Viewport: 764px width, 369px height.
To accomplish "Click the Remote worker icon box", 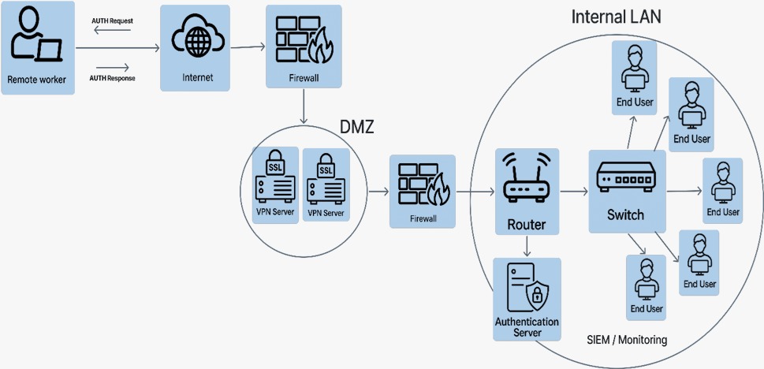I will [38, 48].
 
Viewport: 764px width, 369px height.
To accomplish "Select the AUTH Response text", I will [113, 78].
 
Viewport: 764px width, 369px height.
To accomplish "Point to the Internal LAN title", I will [616, 17].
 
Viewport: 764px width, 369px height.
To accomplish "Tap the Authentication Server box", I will [527, 299].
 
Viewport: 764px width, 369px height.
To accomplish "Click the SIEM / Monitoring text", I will [627, 340].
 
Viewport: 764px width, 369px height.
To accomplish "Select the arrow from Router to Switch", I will [573, 192].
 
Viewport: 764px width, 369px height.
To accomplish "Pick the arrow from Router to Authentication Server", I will [527, 246].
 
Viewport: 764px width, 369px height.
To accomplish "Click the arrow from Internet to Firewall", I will [248, 47].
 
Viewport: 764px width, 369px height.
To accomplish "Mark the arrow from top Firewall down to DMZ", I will [304, 106].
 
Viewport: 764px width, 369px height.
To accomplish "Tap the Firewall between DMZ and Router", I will [423, 192].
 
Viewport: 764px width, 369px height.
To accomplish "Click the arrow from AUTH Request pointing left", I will [107, 30].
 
